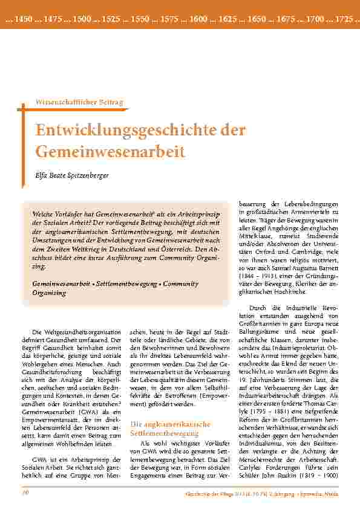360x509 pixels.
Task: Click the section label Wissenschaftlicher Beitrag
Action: tap(80, 103)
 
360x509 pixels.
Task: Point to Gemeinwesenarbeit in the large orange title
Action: tap(110, 151)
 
